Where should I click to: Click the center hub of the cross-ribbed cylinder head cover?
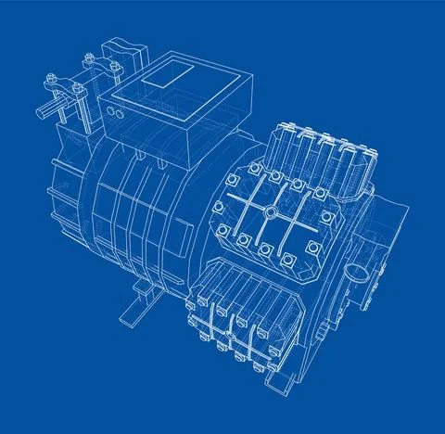(269, 211)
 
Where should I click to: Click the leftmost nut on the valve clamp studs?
(52, 76)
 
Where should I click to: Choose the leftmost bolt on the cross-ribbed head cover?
(220, 208)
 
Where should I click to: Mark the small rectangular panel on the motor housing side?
(68, 145)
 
